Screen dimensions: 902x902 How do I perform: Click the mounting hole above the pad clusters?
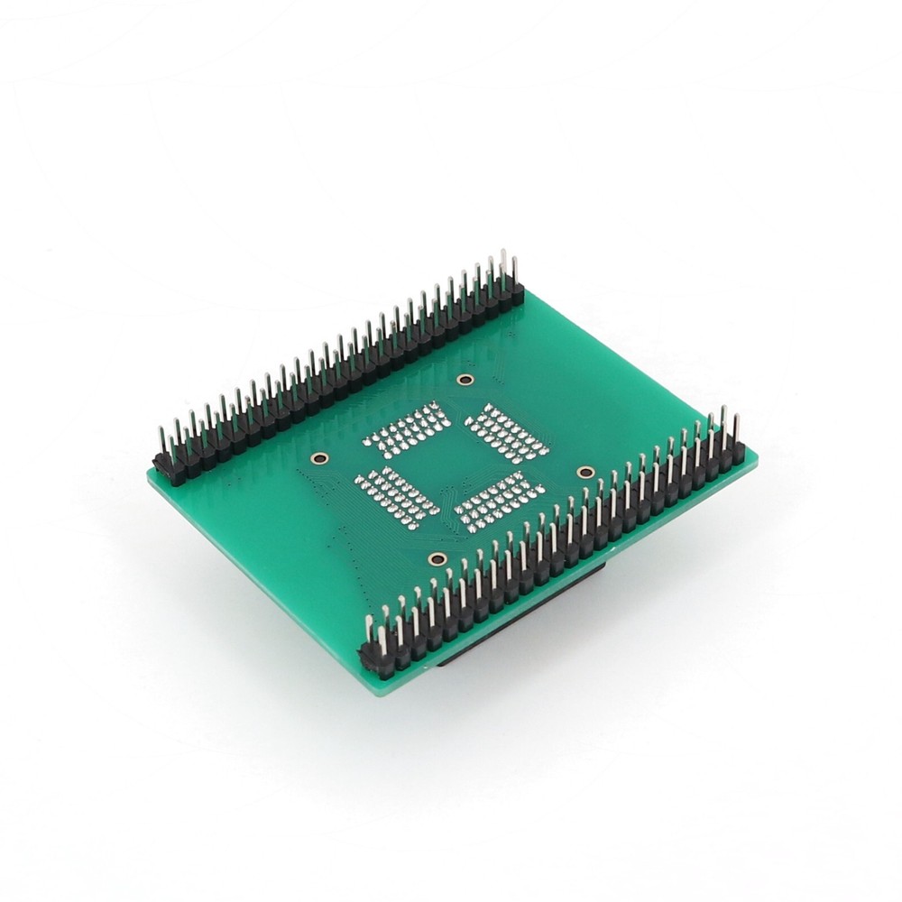465,380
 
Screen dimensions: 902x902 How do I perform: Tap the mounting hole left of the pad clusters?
318,458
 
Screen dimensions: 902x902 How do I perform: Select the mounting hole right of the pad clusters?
584,472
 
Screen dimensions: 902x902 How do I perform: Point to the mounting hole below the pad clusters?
437,559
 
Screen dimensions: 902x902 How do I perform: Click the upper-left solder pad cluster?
407,428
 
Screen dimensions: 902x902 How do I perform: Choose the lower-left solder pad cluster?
397,495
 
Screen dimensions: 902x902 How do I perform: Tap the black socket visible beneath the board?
523,613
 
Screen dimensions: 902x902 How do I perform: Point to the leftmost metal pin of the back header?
161,439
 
